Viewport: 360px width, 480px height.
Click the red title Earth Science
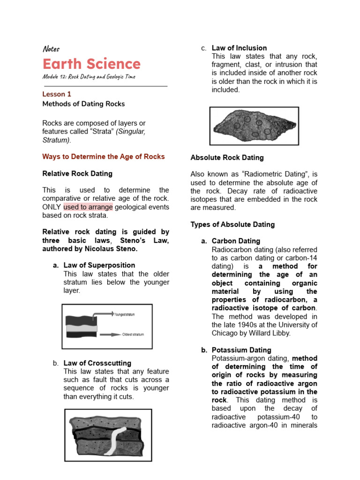[x=91, y=64]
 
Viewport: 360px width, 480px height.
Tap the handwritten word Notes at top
[x=51, y=49]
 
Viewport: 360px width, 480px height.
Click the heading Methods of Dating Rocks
[x=83, y=104]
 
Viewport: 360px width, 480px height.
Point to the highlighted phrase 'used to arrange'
[x=88, y=207]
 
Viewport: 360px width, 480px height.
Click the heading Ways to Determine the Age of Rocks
[x=104, y=157]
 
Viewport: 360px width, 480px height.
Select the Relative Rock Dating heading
[x=77, y=173]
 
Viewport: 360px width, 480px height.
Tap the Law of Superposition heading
[x=99, y=265]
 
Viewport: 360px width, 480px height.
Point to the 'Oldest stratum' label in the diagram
[x=133, y=335]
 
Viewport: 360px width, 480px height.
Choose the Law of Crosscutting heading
[x=97, y=363]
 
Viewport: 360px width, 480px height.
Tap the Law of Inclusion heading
[x=239, y=48]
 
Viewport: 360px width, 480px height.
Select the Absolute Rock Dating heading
[x=227, y=157]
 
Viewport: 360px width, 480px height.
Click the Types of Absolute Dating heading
[x=232, y=225]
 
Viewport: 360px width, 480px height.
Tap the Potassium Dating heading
[x=241, y=350]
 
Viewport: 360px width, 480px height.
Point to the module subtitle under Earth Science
[x=89, y=77]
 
